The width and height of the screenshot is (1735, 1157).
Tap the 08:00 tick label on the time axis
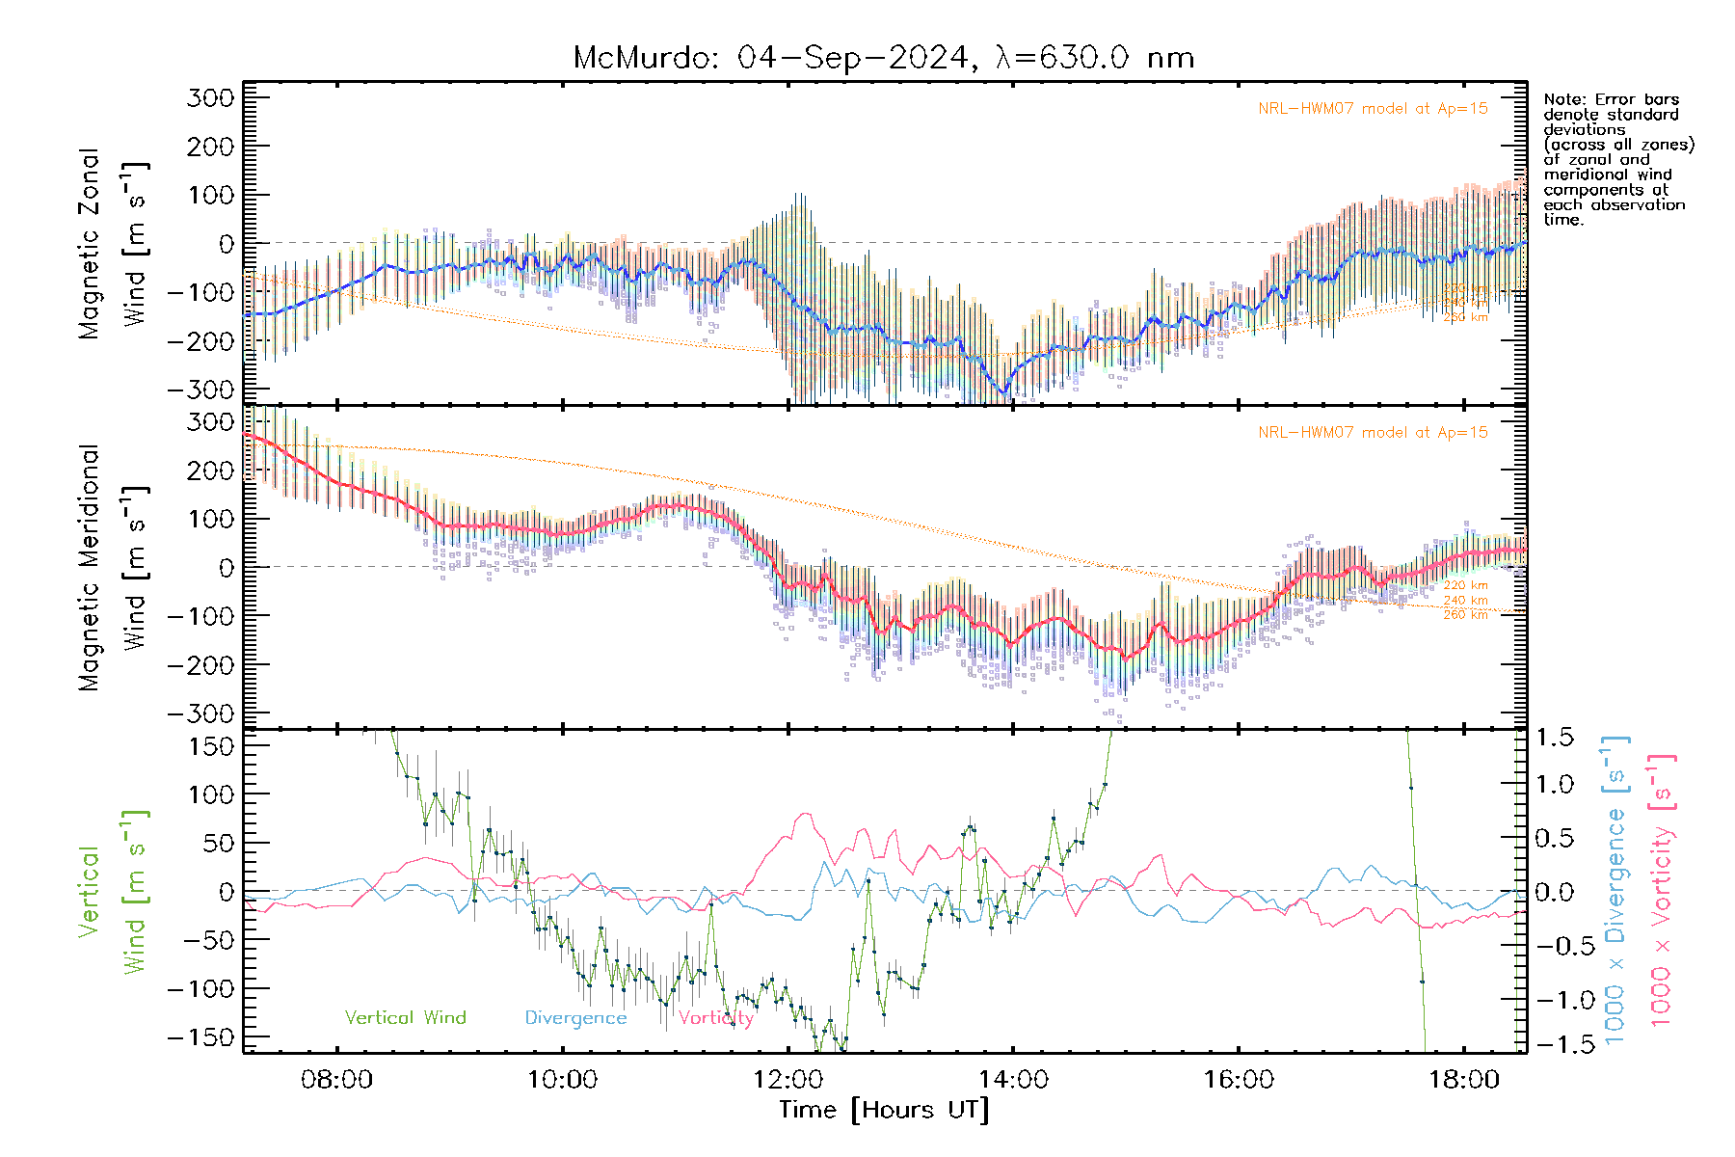point(336,1079)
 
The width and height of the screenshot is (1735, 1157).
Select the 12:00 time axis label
point(787,1079)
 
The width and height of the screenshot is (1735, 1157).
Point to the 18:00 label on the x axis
point(1463,1079)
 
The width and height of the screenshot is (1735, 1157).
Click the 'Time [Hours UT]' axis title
point(884,1110)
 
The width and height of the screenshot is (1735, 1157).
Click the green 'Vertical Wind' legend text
point(405,1017)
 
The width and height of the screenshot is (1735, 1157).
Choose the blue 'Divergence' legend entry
point(575,1017)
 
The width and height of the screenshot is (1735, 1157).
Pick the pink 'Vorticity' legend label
point(715,1017)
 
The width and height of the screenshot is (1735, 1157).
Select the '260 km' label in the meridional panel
point(1465,614)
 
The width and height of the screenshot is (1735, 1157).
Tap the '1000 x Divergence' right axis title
point(1615,889)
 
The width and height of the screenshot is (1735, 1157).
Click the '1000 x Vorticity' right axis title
point(1662,889)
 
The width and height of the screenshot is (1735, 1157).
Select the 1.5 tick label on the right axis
point(1554,739)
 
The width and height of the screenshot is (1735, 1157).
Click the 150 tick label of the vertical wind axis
point(211,746)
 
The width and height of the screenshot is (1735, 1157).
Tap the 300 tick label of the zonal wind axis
point(211,97)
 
